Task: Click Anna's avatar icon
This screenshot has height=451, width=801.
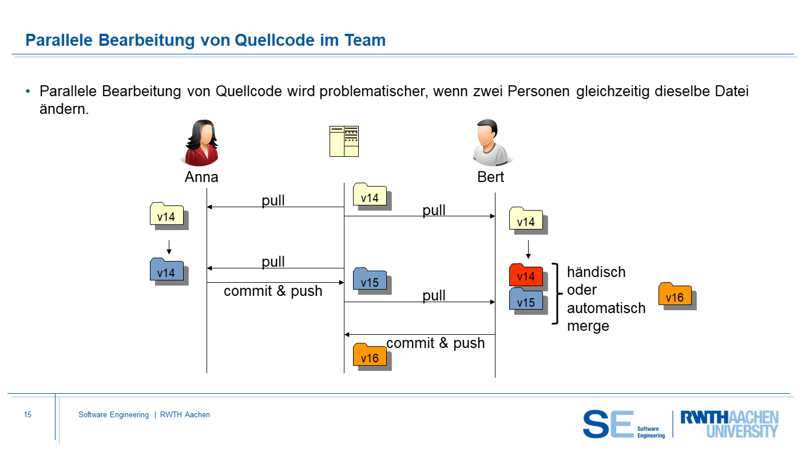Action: click(201, 143)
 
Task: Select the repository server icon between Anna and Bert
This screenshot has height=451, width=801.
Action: click(344, 141)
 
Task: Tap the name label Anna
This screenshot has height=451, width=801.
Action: click(201, 177)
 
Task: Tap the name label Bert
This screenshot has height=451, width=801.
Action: click(491, 177)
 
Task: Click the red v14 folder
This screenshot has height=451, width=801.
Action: click(526, 275)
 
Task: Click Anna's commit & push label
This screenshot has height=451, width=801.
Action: click(273, 291)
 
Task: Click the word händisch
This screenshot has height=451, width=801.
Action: click(596, 272)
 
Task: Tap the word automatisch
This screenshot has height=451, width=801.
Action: click(606, 308)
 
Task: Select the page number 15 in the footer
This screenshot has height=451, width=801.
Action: click(27, 414)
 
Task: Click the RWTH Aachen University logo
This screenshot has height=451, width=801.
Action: click(729, 424)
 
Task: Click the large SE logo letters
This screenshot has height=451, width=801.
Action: click(608, 424)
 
